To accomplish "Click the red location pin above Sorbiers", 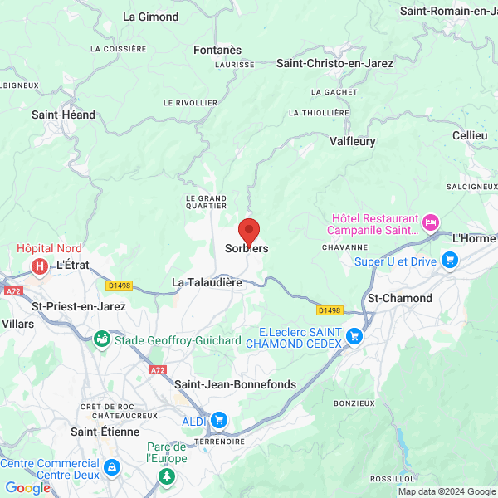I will (x=248, y=230).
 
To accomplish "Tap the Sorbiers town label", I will (x=247, y=248).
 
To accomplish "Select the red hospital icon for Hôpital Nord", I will (x=38, y=266).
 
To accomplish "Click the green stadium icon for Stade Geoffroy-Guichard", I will (x=101, y=339).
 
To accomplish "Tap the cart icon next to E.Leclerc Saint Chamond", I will (x=354, y=336).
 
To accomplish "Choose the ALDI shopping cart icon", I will (x=218, y=421).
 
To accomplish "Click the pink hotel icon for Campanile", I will (x=430, y=222).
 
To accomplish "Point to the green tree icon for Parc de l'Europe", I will (x=168, y=476).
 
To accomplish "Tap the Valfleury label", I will (x=352, y=142).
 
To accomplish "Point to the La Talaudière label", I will (x=207, y=283).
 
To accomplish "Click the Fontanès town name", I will (x=217, y=50).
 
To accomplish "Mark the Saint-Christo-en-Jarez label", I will (x=334, y=63).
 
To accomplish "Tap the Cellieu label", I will (x=470, y=135).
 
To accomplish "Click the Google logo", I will (x=27, y=488).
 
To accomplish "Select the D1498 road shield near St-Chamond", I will (x=330, y=310).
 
